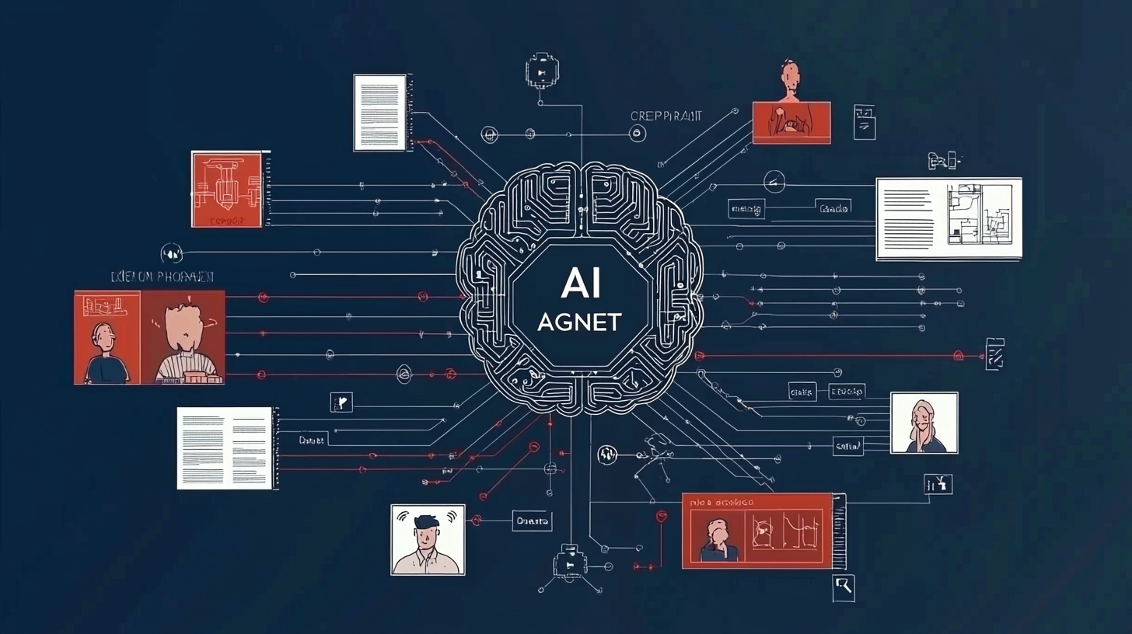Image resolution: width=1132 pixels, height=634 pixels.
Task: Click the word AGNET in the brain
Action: coord(578,322)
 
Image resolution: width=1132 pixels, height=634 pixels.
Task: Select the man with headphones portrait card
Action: coord(428,539)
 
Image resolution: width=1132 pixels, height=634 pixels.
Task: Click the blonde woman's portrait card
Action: coord(924,423)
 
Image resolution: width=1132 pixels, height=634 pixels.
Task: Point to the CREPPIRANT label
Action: coord(666,116)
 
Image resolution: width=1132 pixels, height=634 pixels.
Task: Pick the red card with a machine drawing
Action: coord(226,190)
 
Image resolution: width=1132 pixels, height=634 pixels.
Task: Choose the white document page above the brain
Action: coord(379,113)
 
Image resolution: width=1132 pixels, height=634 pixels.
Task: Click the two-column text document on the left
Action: coord(224,448)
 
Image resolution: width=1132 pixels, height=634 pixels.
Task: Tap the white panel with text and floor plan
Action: coord(949,218)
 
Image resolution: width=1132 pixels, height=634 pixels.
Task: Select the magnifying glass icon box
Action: coord(843,587)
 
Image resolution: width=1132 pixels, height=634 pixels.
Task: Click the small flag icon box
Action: coord(341,402)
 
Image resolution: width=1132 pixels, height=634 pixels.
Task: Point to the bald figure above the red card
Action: coord(790,80)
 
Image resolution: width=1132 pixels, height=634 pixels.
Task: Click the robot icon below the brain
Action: coord(569,562)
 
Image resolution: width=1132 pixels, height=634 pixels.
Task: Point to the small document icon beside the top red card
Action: coord(864,122)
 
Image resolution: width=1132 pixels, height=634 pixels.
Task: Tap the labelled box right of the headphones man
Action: coord(532,521)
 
